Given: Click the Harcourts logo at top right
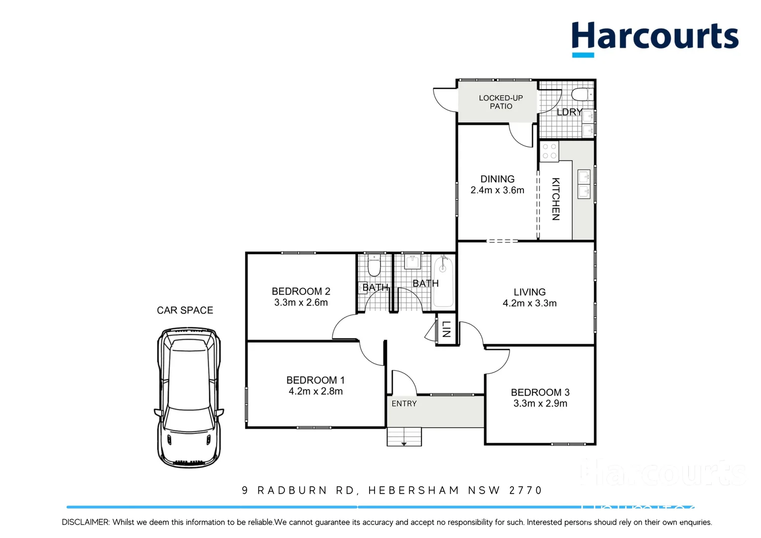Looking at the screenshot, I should point(654,38).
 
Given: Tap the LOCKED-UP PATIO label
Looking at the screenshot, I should point(501,102).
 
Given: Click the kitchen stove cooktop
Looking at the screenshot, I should point(549,151).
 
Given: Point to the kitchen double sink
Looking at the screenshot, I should point(584,184).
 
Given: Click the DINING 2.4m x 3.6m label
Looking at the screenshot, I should point(497,184).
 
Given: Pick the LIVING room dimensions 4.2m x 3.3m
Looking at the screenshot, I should point(529,303).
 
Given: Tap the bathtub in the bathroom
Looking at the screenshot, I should point(443,281).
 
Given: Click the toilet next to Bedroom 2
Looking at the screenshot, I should point(374,267).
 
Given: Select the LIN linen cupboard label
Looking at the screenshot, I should point(446,329).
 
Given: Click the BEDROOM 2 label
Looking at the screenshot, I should point(301,291).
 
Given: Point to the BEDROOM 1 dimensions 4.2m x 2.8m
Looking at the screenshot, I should point(316,392).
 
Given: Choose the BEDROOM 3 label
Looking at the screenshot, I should point(540,393).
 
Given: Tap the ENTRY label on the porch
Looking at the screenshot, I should point(404,403).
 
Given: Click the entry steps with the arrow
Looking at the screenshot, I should point(404,437).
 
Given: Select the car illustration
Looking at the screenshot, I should point(188,397).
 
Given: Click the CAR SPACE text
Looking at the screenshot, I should point(185,310).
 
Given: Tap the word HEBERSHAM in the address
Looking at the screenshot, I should point(413,491).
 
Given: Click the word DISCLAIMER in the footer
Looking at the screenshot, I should point(85,522).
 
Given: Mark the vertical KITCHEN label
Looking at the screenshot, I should point(556,199).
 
